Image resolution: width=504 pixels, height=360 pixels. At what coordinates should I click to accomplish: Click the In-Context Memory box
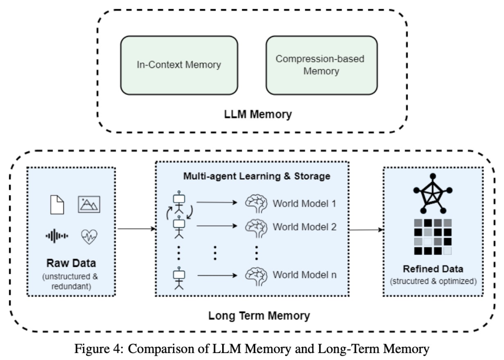point(179,65)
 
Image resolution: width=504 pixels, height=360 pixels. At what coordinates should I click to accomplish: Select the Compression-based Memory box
point(322,65)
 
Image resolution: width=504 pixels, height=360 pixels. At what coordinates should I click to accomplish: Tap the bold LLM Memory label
point(252,113)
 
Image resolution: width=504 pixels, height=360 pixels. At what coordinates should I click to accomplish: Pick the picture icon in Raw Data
point(89,204)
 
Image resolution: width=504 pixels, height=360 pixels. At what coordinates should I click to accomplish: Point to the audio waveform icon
point(57,236)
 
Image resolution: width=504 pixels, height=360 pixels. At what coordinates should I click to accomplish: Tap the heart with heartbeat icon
point(89,236)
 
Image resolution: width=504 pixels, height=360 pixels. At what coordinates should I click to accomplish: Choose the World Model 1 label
point(304,204)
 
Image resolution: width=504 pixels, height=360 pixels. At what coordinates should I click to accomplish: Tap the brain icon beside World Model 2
point(256,227)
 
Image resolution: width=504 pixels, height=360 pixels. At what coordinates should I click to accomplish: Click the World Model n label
point(304,275)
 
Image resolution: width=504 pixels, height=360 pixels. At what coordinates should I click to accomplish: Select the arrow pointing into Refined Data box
point(366,229)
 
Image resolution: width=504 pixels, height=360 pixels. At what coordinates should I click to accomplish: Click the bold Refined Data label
point(434,269)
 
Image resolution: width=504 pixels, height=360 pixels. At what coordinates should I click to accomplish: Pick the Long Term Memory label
point(259,316)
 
